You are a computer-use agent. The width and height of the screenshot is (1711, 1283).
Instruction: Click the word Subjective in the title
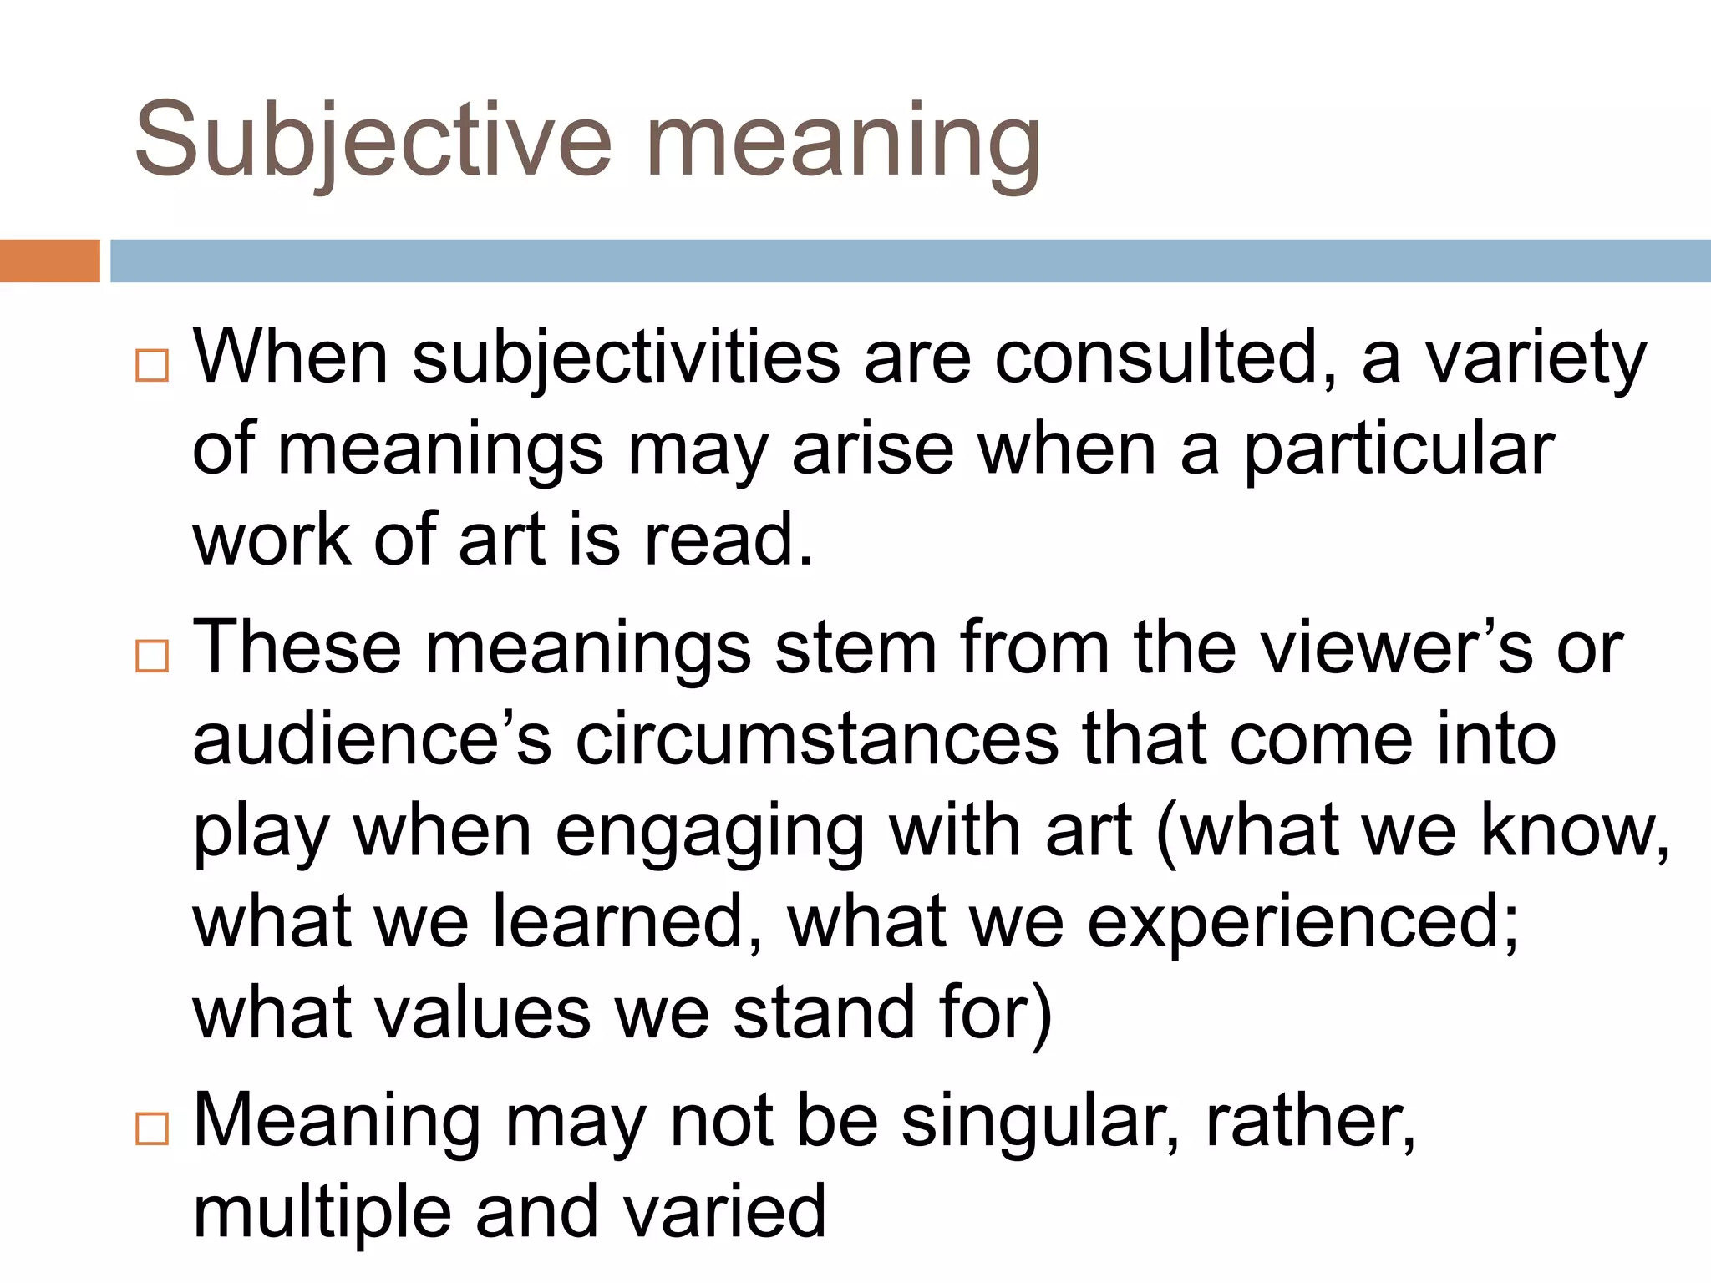coord(373,140)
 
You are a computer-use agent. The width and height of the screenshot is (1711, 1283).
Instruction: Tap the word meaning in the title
coord(844,142)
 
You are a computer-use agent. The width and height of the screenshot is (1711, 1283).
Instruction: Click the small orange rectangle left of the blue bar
coord(49,261)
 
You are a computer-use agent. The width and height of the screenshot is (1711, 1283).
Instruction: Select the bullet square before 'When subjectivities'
coord(152,365)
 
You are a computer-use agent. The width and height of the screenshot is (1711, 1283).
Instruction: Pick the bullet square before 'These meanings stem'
coord(152,656)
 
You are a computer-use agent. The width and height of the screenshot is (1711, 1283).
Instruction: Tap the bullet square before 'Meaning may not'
coord(152,1128)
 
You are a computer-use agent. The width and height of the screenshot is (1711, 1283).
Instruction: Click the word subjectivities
coord(626,359)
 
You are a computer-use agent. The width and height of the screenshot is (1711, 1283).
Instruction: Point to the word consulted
coord(1165,359)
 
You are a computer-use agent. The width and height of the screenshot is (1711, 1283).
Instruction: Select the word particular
coord(1399,451)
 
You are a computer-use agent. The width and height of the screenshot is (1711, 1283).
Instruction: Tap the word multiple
coord(322,1213)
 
